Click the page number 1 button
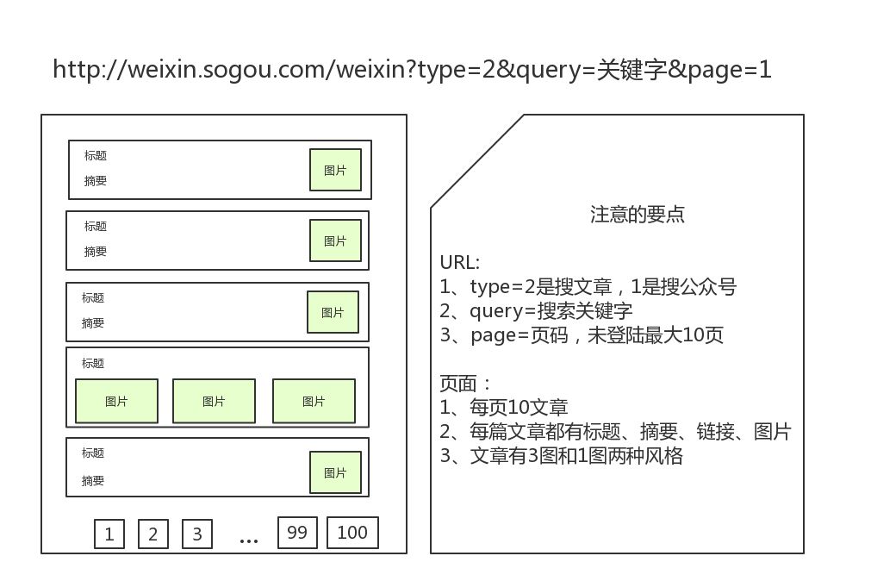[109, 534]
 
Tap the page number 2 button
[152, 534]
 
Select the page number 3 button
[196, 534]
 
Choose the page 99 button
[297, 532]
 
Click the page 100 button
[352, 532]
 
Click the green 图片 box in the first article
[335, 170]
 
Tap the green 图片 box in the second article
[335, 241]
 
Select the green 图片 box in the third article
[333, 312]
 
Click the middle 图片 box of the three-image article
[214, 401]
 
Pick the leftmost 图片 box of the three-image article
[116, 401]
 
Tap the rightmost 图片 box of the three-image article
[314, 401]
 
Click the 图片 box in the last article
[335, 472]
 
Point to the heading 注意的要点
[638, 215]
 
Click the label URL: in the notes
[460, 263]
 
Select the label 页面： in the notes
[465, 383]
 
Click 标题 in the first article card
[96, 156]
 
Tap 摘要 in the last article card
[93, 481]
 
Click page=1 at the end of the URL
[731, 70]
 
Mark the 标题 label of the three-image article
[93, 364]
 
